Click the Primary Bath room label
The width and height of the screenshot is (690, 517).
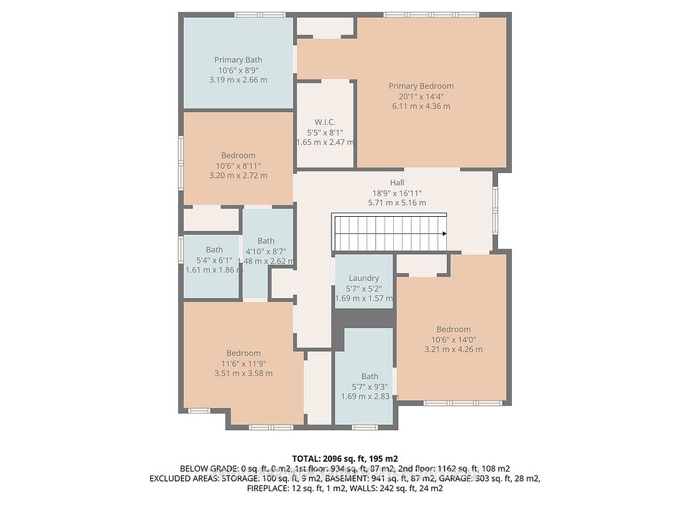pyautogui.click(x=238, y=60)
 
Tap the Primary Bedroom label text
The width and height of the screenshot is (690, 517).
pyautogui.click(x=421, y=86)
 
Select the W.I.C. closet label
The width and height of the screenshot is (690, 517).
pyautogui.click(x=325, y=122)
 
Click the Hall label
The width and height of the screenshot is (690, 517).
pyautogui.click(x=397, y=182)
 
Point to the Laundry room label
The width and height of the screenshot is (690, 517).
pyautogui.click(x=364, y=279)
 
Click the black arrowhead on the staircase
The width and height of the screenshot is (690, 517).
pyautogui.click(x=444, y=233)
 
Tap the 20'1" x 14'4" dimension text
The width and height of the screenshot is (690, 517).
pyautogui.click(x=421, y=96)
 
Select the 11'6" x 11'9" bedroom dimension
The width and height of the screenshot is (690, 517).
pyautogui.click(x=244, y=363)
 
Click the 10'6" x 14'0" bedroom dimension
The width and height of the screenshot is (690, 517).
pyautogui.click(x=454, y=340)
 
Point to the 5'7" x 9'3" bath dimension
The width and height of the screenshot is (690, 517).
pyautogui.click(x=369, y=386)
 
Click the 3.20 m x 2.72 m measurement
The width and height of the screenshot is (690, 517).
pyautogui.click(x=238, y=175)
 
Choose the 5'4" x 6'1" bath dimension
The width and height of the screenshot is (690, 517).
pyautogui.click(x=214, y=260)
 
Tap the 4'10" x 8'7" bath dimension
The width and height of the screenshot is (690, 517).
pyautogui.click(x=266, y=251)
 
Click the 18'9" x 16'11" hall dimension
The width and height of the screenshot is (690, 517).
pyautogui.click(x=397, y=193)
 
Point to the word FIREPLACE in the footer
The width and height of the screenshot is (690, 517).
pyautogui.click(x=267, y=488)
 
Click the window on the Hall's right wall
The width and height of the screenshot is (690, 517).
pyautogui.click(x=495, y=209)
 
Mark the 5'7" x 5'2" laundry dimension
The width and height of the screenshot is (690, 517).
pyautogui.click(x=364, y=289)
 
